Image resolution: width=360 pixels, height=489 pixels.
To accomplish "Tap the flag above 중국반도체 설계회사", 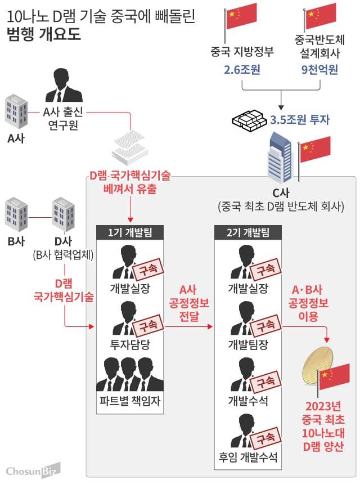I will [320, 17].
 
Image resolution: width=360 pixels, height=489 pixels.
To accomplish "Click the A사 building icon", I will [16, 111].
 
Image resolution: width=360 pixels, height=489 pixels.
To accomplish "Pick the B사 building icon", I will [16, 214].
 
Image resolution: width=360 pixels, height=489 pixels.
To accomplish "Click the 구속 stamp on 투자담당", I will [147, 325].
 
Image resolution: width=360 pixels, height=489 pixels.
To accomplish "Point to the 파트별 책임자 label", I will [130, 402].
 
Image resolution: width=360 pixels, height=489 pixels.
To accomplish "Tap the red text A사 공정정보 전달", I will [189, 303].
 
